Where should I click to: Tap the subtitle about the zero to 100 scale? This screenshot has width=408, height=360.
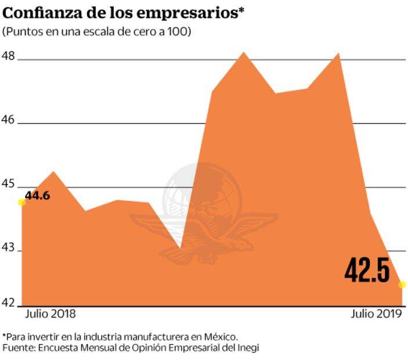(x=97, y=31)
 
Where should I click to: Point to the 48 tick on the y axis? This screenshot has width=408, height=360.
(x=10, y=57)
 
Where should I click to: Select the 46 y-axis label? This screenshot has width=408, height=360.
(x=10, y=121)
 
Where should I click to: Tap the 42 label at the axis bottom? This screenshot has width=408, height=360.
(x=10, y=303)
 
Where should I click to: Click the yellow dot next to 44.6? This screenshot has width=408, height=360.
(x=21, y=202)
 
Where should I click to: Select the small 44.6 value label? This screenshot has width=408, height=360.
(x=38, y=196)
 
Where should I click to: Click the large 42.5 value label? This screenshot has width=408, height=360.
(x=367, y=269)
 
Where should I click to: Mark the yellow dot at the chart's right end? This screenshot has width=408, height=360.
(x=402, y=285)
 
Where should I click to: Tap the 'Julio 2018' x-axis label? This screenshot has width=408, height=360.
(x=50, y=314)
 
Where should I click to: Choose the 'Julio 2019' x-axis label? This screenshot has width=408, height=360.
(x=376, y=314)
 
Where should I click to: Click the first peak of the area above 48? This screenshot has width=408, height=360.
(x=244, y=53)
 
